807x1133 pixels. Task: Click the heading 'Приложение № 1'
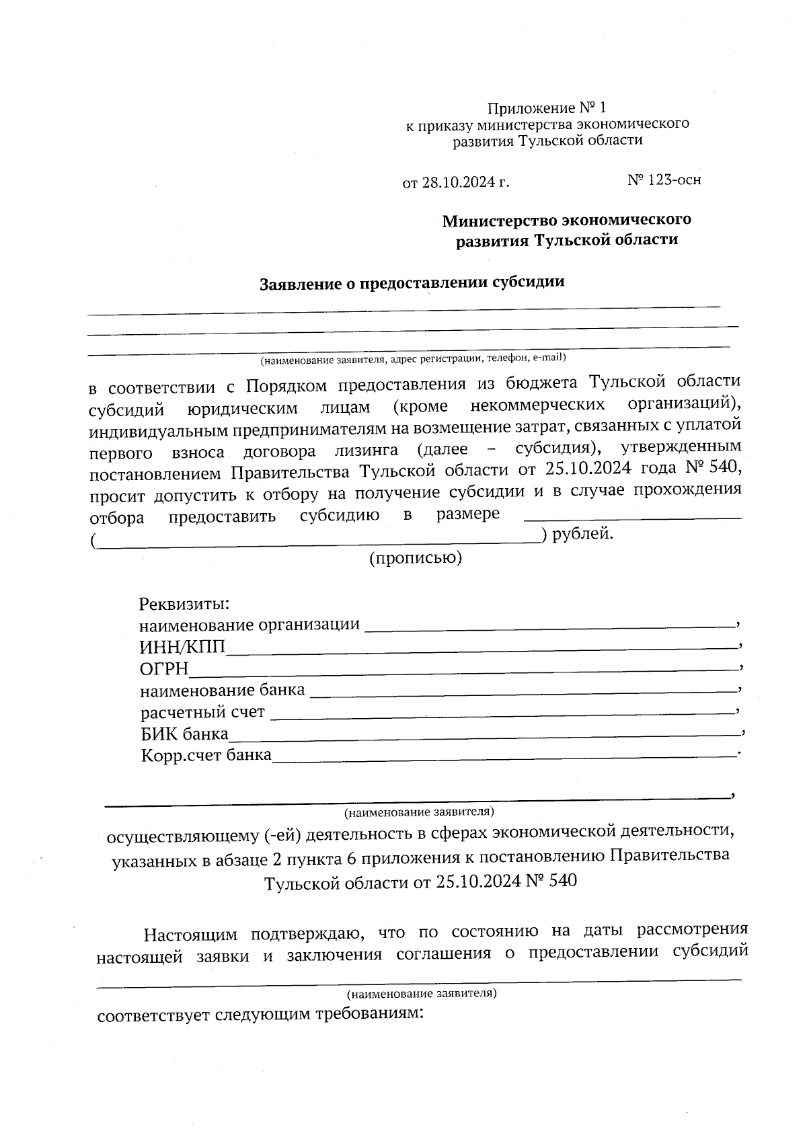[546, 108]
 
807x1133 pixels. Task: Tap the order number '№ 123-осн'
[664, 180]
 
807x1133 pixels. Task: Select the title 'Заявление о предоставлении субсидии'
[412, 283]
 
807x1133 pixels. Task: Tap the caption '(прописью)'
[416, 558]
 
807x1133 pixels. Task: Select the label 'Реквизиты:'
[184, 604]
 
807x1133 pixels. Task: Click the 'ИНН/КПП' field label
[182, 648]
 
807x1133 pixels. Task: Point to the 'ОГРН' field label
[164, 669]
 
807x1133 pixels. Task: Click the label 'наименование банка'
[222, 690]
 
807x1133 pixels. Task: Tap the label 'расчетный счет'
[202, 712]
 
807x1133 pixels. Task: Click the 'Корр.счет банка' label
[206, 754]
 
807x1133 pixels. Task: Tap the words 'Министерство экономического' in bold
[566, 220]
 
